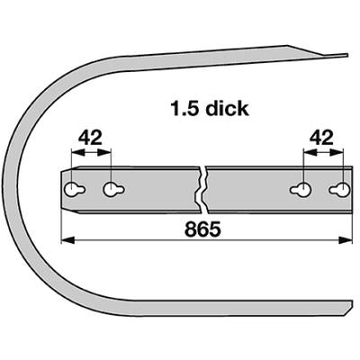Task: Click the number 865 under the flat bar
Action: (202, 229)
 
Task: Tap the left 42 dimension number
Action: (90, 138)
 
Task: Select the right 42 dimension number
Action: (321, 138)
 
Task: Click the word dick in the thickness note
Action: (229, 108)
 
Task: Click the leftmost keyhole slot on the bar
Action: (75, 190)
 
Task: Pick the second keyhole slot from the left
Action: (113, 190)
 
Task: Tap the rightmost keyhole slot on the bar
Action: (339, 190)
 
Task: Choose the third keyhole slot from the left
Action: (301, 190)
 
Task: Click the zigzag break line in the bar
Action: (201, 190)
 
